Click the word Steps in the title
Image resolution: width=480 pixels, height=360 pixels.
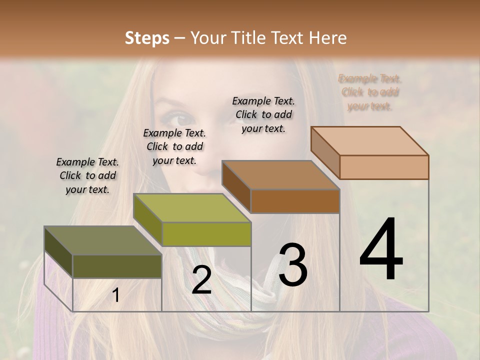tap(146, 38)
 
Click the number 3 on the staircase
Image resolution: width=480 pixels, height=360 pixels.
tap(293, 265)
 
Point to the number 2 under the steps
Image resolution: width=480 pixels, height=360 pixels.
tap(201, 280)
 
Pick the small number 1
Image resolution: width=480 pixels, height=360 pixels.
tap(116, 295)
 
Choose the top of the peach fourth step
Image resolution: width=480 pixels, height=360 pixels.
tap(369, 141)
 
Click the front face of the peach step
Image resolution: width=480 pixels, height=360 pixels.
tap(384, 167)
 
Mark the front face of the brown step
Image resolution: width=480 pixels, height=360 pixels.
tap(295, 201)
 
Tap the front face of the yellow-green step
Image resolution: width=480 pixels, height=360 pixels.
tap(206, 234)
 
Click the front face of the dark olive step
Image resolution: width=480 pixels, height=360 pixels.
tap(117, 266)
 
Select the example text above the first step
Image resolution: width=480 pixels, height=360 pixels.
tap(87, 175)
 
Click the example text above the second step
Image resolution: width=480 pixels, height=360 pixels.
tap(174, 146)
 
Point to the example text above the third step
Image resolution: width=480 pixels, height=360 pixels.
tap(263, 114)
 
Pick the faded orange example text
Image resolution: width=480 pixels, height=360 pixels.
tap(369, 92)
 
